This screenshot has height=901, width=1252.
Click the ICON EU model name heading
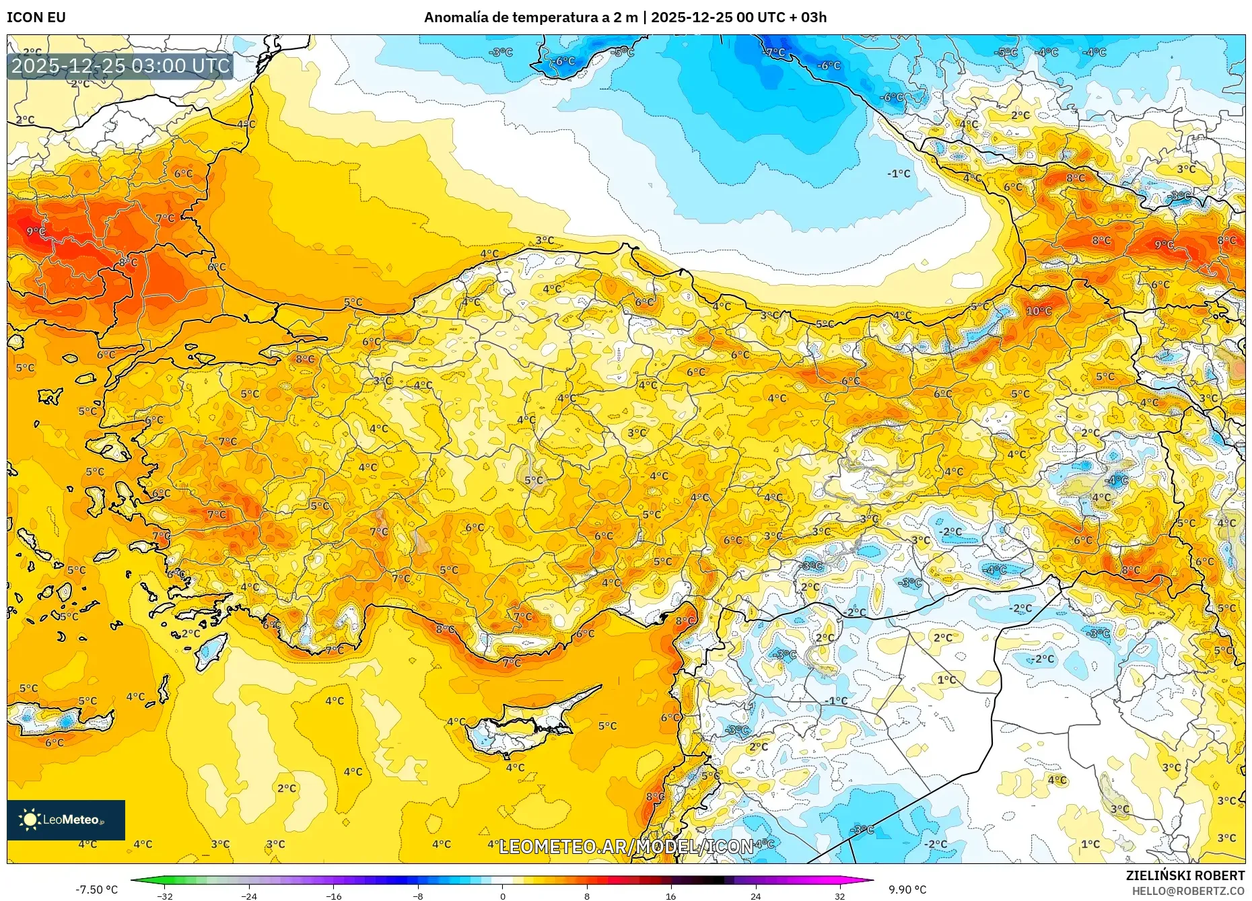[x=36, y=17]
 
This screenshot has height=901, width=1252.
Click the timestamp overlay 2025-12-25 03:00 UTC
[x=120, y=66]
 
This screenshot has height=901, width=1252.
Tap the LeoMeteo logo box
[x=66, y=820]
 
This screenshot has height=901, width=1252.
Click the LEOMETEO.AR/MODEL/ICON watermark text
[x=626, y=846]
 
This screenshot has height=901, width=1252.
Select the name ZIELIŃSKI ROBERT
[x=1185, y=875]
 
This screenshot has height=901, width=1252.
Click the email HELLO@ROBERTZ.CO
[x=1188, y=891]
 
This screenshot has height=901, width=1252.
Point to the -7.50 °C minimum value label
[x=96, y=890]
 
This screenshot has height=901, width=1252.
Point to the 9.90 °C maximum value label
[x=907, y=890]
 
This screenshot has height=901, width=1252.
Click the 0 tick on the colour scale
[x=502, y=896]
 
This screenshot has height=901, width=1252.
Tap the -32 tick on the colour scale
[x=165, y=896]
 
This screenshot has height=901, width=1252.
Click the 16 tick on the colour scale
[x=671, y=896]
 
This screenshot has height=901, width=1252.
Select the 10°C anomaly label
[x=1039, y=311]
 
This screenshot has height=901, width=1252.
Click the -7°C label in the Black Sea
[x=774, y=52]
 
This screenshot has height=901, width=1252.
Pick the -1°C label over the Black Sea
[x=899, y=174]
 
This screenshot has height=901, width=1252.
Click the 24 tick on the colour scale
[x=755, y=896]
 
